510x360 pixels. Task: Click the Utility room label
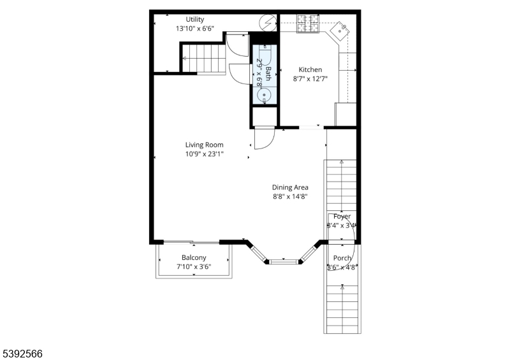tap(195, 19)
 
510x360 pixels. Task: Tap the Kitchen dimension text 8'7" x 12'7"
tap(307, 80)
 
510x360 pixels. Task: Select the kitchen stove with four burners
tap(309, 24)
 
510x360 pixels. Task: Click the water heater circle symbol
tap(266, 24)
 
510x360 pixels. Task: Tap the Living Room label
tap(204, 145)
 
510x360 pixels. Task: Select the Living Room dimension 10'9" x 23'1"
tap(204, 154)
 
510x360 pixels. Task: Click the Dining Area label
tap(290, 187)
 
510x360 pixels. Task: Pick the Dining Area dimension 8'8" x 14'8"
tap(290, 197)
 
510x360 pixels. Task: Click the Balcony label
tap(194, 257)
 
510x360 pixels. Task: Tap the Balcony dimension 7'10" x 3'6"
tap(194, 267)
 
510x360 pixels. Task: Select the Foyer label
tap(342, 217)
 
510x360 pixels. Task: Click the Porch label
tap(342, 258)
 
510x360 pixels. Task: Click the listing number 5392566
tap(22, 352)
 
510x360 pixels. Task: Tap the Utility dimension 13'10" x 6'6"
tap(195, 29)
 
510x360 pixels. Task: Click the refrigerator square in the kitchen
tap(345, 115)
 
